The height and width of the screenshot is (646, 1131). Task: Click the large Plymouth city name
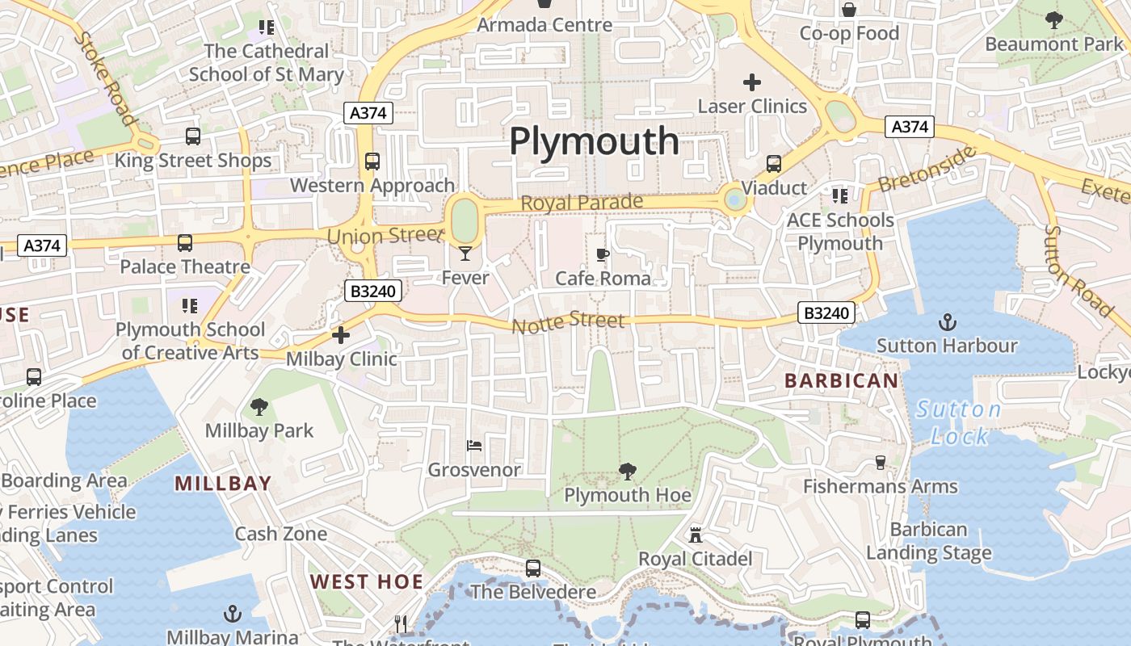coord(594,142)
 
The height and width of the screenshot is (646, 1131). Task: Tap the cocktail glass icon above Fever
coord(465,254)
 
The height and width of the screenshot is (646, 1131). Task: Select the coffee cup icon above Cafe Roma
coord(602,254)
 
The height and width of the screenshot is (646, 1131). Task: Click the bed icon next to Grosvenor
coord(474,445)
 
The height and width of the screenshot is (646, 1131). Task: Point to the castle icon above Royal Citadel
coord(695,534)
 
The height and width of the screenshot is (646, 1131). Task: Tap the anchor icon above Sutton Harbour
coord(947,322)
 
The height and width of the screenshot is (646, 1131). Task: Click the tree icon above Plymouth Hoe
coord(627,471)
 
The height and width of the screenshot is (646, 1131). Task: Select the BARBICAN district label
coord(841,380)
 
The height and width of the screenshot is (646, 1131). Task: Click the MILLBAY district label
coord(223,484)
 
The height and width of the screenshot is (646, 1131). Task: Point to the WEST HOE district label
coord(367,581)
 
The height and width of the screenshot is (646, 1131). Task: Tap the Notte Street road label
coord(568,321)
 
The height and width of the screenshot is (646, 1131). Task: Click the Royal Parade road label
coord(582,203)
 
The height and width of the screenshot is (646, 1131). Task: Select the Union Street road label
coord(386,236)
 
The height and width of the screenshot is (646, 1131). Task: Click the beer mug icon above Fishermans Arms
coord(881,463)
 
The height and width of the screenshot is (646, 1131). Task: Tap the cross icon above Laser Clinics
coord(752,82)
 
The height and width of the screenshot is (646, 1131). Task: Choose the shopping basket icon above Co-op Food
coord(849,10)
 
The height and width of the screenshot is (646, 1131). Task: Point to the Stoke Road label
coord(106,78)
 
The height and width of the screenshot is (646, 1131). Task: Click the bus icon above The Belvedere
coord(532,568)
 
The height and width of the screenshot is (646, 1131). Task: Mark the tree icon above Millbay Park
coord(259,406)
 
